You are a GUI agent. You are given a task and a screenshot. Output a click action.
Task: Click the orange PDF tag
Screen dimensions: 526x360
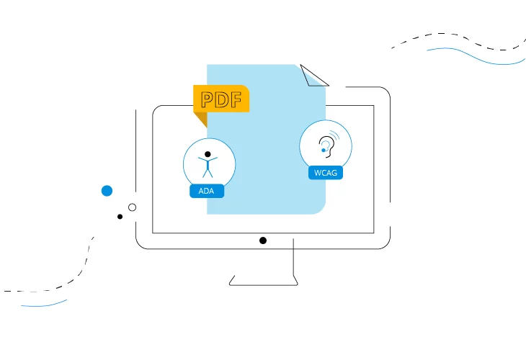tap(221, 99)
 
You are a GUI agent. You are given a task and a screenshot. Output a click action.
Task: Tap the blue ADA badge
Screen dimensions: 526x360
tap(207, 191)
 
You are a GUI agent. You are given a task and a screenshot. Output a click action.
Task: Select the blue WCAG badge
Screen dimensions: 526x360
tap(326, 173)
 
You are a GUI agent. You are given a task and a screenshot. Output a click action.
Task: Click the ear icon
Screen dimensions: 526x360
tap(326, 146)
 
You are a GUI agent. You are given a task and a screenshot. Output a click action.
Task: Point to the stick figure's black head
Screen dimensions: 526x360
tap(208, 154)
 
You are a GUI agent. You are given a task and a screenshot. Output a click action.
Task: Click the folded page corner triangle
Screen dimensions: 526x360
tap(313, 76)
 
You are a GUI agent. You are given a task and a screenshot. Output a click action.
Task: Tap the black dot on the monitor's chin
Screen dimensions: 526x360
tap(263, 240)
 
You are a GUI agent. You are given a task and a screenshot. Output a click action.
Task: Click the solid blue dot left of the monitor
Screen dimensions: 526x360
tap(107, 191)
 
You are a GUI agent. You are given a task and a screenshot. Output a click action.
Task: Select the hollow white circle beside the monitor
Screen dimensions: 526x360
tap(132, 207)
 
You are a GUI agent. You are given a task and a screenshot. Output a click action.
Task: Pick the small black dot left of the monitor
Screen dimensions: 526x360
tap(120, 217)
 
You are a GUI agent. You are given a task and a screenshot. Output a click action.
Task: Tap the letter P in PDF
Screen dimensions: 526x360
tap(208, 99)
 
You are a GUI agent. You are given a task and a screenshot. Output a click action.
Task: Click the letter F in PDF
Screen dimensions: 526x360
tap(236, 99)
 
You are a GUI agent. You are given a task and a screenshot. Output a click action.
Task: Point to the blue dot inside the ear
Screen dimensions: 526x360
tap(324, 150)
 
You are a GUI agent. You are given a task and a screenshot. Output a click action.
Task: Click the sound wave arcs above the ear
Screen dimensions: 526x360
tap(334, 135)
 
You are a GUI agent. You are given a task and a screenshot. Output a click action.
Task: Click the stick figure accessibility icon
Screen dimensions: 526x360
tap(208, 164)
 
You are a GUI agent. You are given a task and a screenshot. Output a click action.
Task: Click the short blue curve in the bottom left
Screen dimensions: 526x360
tap(44, 305)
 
